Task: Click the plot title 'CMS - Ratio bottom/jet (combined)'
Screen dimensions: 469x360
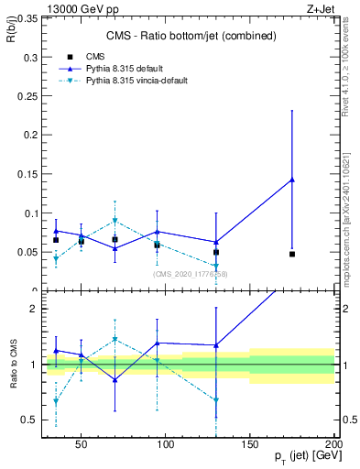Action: tap(187, 36)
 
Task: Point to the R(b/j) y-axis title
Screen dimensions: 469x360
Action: tap(13, 35)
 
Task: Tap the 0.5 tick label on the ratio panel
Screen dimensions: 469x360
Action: tap(28, 420)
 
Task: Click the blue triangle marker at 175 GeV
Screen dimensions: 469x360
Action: tap(292, 180)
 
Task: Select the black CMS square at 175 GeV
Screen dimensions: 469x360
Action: tap(292, 254)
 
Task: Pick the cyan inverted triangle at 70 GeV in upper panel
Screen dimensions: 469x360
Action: tap(115, 221)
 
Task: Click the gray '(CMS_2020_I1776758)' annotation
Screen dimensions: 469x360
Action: tap(190, 274)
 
